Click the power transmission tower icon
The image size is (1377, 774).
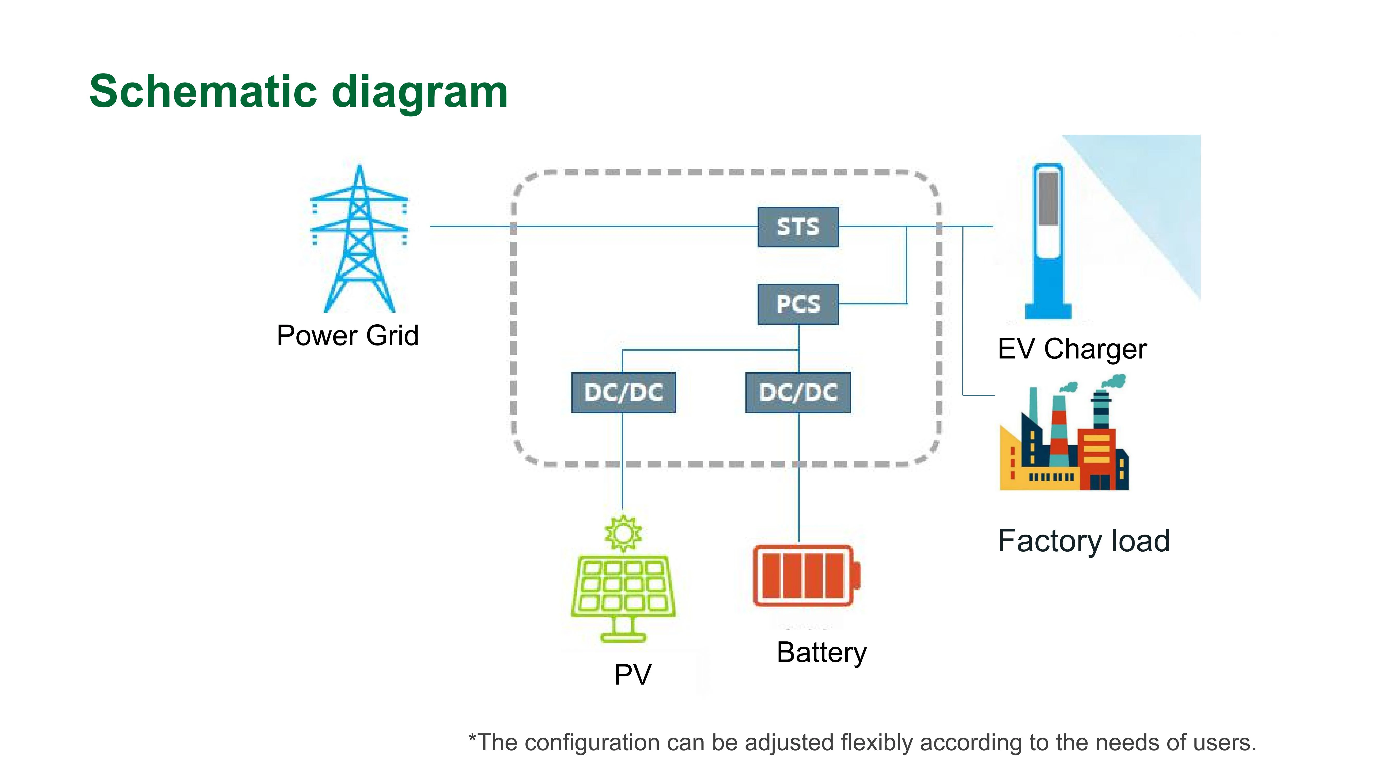pyautogui.click(x=359, y=240)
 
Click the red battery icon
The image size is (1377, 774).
pyautogui.click(x=805, y=576)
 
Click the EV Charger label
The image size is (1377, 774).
pyautogui.click(x=1072, y=349)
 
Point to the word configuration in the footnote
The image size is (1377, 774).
pyautogui.click(x=604, y=743)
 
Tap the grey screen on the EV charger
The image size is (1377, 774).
pyautogui.click(x=1048, y=199)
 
